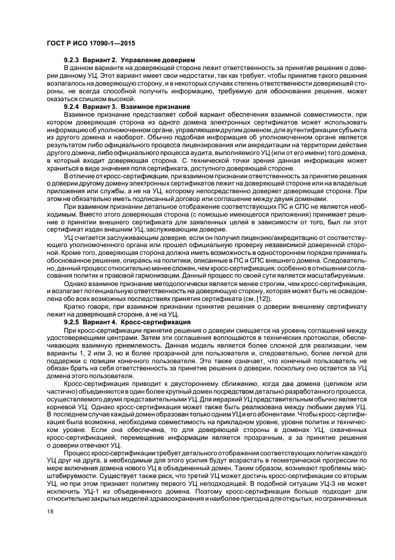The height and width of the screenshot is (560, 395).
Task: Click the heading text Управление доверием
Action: (158, 61)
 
